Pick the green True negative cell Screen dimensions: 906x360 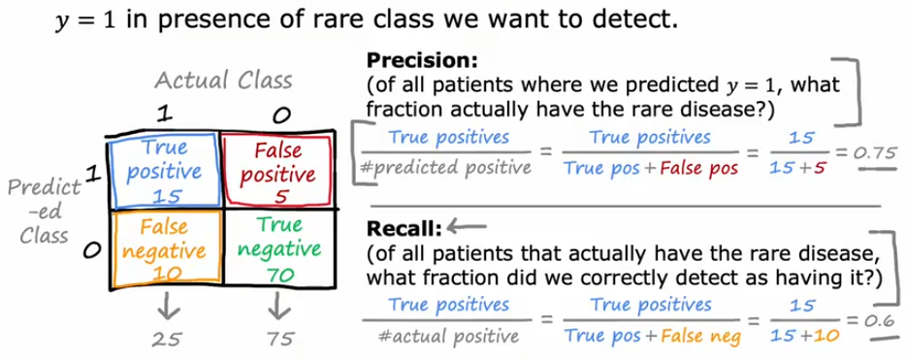279,249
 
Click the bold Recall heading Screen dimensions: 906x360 404,229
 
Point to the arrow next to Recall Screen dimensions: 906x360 467,229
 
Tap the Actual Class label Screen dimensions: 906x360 224,81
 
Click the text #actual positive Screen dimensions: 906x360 448,335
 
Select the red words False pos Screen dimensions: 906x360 699,168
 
